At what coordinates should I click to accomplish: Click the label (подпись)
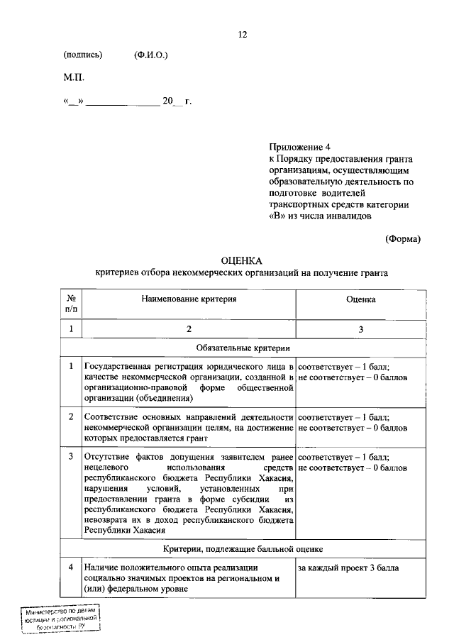83,55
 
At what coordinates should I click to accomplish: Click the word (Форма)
402,239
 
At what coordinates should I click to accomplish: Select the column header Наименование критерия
188,300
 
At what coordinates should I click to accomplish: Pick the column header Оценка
361,300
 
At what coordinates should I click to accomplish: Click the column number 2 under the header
188,329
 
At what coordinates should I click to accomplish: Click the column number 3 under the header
361,329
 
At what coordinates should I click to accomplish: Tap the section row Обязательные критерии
243,348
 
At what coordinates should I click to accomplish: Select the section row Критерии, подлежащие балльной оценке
243,549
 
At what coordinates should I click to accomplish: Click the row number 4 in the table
71,568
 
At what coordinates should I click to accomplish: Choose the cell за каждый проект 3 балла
348,568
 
